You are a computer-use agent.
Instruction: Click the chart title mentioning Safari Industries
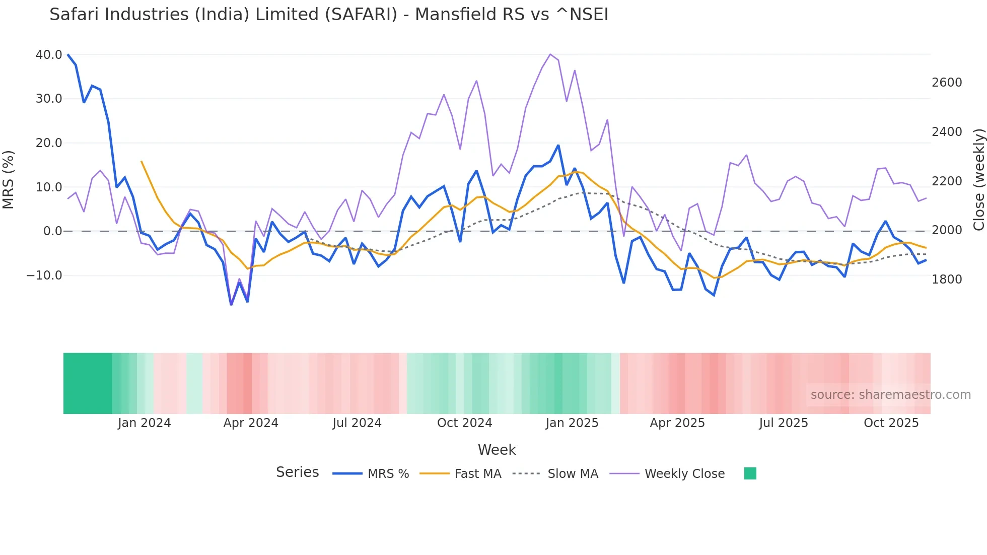click(329, 15)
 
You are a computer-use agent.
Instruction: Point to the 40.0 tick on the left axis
click(49, 55)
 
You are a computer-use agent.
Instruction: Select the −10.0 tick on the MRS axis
click(44, 275)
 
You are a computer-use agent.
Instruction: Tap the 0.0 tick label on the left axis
click(52, 231)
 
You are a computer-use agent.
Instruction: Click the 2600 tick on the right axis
click(947, 83)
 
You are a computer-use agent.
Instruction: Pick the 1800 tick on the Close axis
click(947, 280)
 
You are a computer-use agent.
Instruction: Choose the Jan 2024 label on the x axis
click(145, 423)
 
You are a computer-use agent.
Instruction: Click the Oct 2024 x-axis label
click(464, 423)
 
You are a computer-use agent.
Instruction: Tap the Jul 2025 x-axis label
click(784, 423)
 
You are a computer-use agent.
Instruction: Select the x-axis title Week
click(497, 450)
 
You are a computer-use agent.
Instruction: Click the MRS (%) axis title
click(9, 180)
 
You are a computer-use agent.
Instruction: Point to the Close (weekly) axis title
click(978, 180)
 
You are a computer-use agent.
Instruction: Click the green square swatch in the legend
click(750, 473)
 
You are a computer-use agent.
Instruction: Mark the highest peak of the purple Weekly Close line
click(550, 54)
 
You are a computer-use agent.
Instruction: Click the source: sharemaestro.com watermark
click(890, 395)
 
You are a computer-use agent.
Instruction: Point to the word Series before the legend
click(297, 472)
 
